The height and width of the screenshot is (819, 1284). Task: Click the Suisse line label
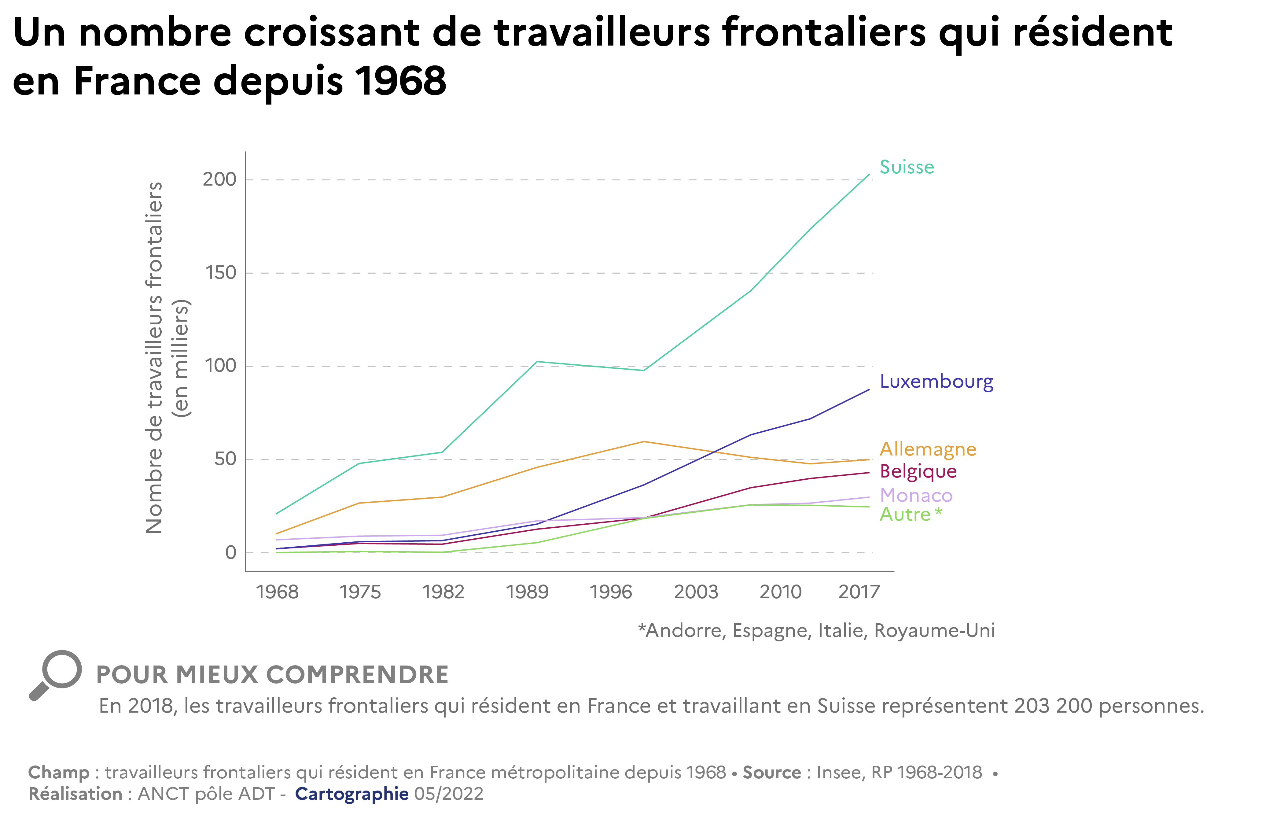(x=907, y=168)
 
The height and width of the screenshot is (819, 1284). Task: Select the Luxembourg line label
(x=936, y=382)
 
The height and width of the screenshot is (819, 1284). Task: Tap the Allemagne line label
(x=928, y=449)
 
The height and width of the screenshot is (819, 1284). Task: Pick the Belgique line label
(x=918, y=471)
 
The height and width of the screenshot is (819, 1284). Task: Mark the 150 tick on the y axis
(x=220, y=273)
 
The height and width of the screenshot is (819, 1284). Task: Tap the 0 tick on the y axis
(x=230, y=552)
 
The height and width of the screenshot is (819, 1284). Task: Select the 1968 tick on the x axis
(x=277, y=592)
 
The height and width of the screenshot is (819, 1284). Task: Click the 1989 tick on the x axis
(x=527, y=592)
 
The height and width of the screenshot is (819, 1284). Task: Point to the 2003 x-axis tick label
(x=696, y=592)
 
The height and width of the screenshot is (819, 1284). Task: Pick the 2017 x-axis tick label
(x=859, y=592)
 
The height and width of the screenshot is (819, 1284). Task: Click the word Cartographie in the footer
(x=352, y=794)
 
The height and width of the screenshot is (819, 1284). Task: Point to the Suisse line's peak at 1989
(x=537, y=362)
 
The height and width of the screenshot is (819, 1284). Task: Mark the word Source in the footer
(x=771, y=773)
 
